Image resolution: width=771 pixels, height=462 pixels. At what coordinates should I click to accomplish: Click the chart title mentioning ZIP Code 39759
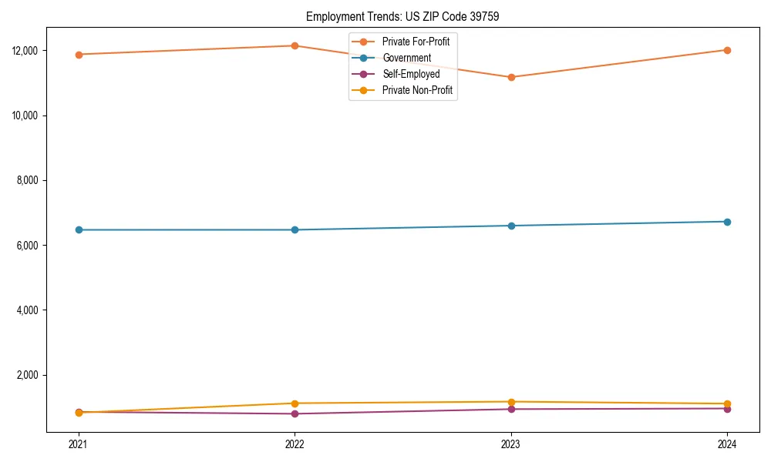tap(402, 16)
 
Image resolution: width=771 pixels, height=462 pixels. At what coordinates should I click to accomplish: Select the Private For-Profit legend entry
tap(416, 42)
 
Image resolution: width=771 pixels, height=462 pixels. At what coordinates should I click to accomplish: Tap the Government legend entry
tap(406, 58)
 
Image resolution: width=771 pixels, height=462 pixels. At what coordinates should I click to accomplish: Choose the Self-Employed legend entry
tap(411, 74)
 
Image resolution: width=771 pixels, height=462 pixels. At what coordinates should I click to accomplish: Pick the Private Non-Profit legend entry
tap(417, 90)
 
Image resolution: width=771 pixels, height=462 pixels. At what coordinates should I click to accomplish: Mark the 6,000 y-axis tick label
tap(36, 246)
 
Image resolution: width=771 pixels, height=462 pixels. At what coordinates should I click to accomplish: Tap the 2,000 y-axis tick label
tap(36, 375)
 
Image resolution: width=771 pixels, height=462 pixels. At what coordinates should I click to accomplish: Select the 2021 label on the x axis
tap(78, 444)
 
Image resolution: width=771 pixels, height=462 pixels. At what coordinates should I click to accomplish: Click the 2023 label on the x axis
tap(511, 444)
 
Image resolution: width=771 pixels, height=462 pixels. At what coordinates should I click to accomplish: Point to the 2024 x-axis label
tap(727, 444)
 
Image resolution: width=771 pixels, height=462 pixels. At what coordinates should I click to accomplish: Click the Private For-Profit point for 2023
tap(511, 77)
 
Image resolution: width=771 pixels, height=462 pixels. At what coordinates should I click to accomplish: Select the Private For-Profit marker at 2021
tap(78, 55)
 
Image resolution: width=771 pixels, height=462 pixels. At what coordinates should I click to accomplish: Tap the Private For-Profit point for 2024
tap(727, 50)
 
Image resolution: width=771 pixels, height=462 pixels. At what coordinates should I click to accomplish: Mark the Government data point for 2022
tap(295, 229)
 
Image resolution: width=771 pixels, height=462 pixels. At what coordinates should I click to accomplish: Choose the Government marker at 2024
tap(727, 222)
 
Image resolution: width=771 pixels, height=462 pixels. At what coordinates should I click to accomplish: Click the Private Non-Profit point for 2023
tap(511, 402)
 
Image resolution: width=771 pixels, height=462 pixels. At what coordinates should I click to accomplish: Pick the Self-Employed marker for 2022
tap(295, 413)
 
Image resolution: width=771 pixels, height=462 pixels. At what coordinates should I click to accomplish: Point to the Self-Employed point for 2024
tap(727, 409)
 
